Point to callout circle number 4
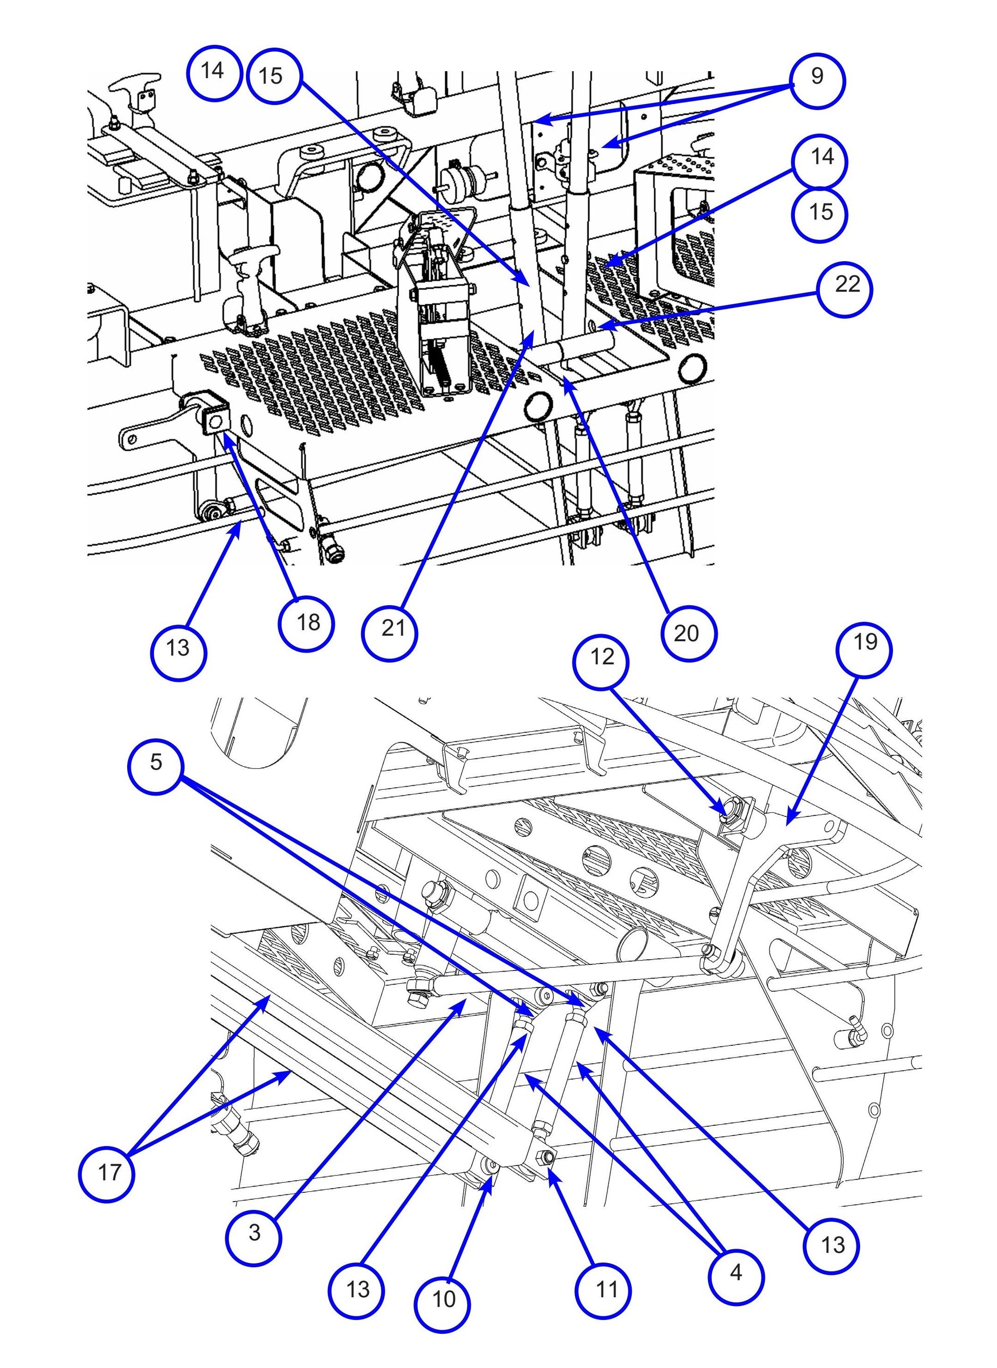coord(736,1256)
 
